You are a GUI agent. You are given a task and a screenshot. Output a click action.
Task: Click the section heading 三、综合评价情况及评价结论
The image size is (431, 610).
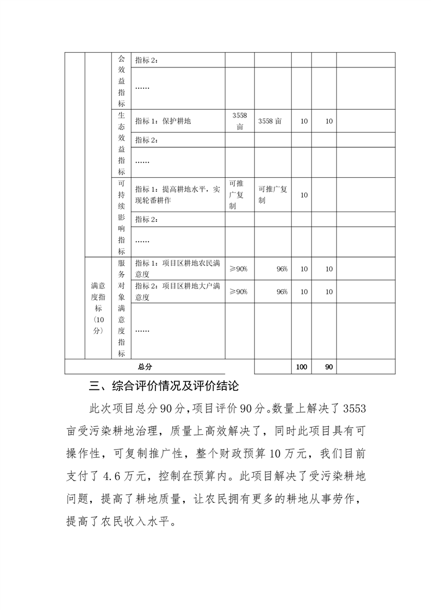click(x=164, y=387)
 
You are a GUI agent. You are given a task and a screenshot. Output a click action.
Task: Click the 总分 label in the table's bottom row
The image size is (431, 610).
click(x=145, y=367)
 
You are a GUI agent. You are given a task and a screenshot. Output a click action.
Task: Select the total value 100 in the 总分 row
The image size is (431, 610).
click(x=301, y=367)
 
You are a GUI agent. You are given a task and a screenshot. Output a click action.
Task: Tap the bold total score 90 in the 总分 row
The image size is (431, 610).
click(x=329, y=367)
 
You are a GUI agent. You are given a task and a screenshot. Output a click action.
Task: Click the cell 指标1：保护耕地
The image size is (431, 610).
click(x=163, y=121)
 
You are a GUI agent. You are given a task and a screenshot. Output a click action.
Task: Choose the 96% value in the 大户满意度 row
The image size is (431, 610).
click(x=282, y=291)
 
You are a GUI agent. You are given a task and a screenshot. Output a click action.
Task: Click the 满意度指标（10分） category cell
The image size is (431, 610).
click(x=98, y=308)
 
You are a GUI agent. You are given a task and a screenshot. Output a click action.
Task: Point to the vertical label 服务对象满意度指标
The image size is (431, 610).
click(x=121, y=308)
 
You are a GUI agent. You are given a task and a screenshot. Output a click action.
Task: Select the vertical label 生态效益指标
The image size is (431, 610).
click(x=121, y=144)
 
